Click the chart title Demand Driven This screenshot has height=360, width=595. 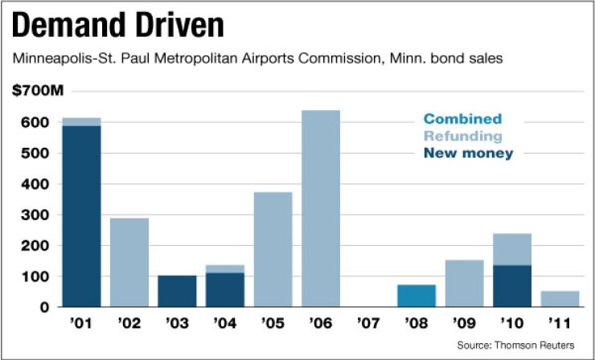[117, 26]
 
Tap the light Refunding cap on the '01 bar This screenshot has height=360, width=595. [82, 121]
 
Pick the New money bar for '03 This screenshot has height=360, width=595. [177, 291]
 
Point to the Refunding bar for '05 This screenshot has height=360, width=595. [273, 249]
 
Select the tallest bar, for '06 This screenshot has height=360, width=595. [320, 208]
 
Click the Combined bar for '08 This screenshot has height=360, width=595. [416, 296]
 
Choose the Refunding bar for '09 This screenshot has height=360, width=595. [463, 283]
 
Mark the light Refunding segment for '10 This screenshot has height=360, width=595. [511, 250]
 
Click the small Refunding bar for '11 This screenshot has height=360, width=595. [559, 299]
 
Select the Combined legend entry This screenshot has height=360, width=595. [462, 119]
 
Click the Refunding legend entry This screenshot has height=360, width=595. [463, 136]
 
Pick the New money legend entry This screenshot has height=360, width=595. [468, 153]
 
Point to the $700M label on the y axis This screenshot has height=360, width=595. [37, 92]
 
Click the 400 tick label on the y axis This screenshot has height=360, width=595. [39, 184]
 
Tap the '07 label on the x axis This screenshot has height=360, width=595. [367, 326]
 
